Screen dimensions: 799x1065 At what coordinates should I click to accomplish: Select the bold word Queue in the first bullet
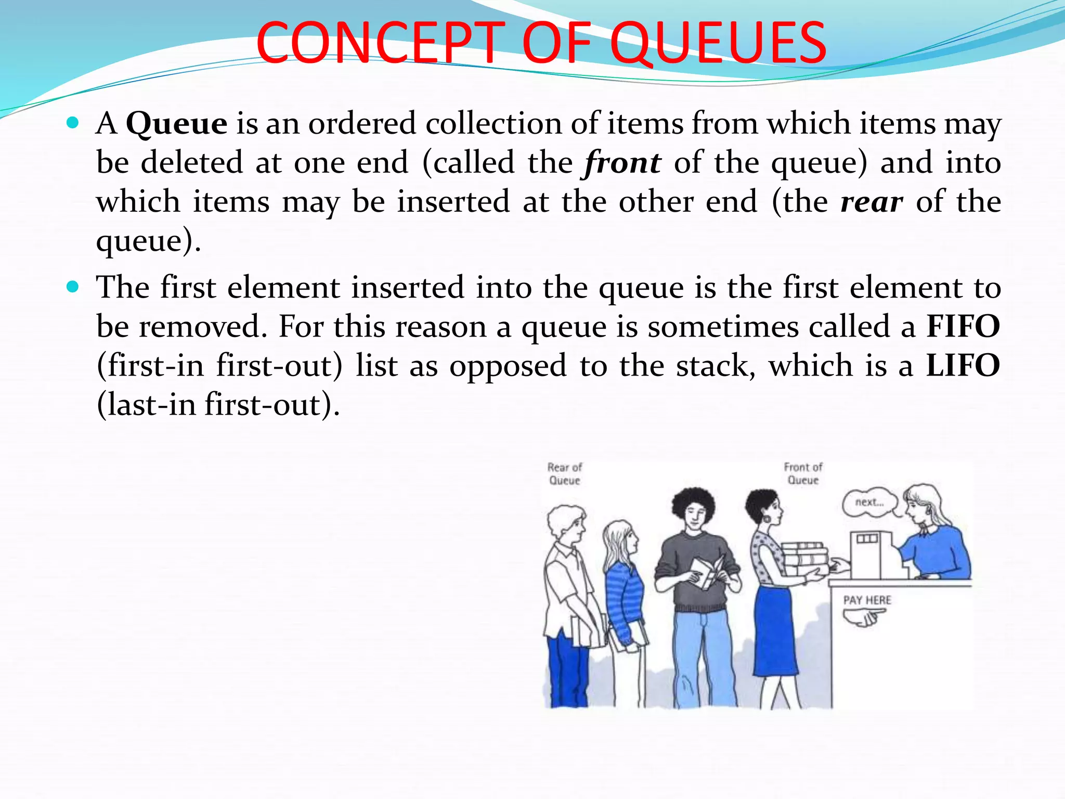(177, 124)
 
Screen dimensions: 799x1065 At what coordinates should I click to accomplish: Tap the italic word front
(622, 163)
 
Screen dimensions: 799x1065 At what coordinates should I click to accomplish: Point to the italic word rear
(872, 202)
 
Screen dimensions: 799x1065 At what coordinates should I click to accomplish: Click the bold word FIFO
(963, 327)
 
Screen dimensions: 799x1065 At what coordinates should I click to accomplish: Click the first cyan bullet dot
(73, 123)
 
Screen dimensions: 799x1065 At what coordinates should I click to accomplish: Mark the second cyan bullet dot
(73, 287)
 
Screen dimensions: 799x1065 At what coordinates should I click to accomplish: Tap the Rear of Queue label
(565, 474)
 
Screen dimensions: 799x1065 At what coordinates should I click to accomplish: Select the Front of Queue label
(803, 474)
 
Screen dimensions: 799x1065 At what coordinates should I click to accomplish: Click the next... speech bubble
(869, 502)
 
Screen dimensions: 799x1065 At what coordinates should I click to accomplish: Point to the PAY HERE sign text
(867, 600)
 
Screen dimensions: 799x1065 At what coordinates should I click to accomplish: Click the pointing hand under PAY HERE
(864, 618)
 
